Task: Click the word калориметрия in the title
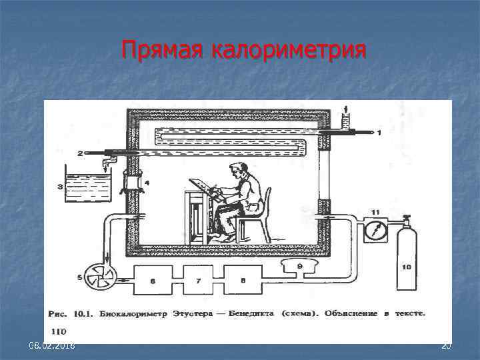point(289,50)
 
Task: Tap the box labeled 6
point(153,281)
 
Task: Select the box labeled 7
point(198,281)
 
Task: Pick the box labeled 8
point(243,281)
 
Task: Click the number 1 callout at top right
point(379,133)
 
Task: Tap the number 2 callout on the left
point(80,153)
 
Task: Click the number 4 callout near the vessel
point(148,183)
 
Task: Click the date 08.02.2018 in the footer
point(52,346)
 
